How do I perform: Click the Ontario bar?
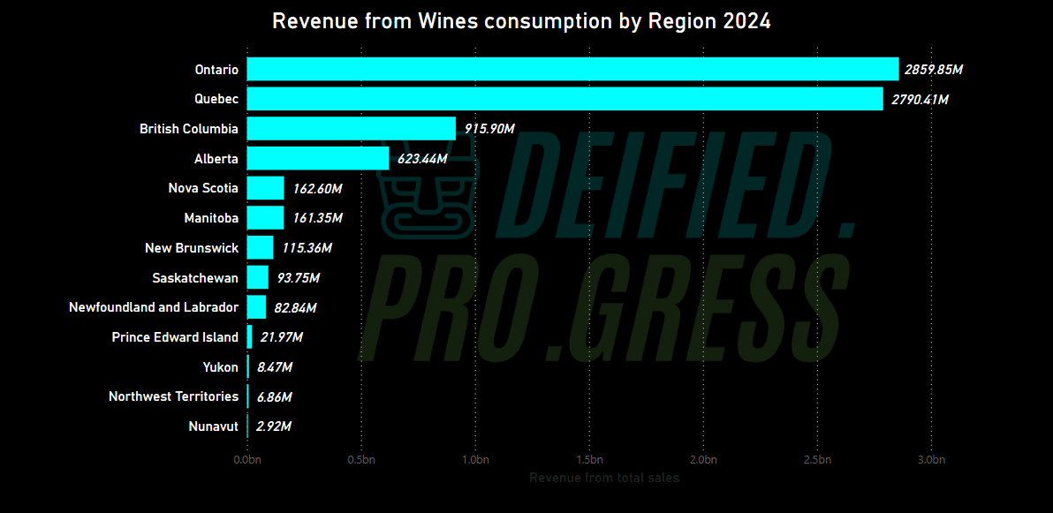572,69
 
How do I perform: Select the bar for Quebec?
564,99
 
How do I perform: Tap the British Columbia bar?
351,129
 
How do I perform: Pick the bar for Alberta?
318,159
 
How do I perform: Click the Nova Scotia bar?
265,188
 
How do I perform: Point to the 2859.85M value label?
933,70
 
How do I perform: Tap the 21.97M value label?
281,337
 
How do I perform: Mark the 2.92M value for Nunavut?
274,426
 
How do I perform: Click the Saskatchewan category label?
195,278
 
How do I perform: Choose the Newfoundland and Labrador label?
154,307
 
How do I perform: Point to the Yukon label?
220,367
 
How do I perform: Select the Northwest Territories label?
173,396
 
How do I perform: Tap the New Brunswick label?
192,248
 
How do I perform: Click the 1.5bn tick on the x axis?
589,460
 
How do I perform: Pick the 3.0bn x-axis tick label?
931,460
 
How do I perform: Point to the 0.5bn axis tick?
361,460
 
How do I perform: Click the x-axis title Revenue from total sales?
604,478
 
